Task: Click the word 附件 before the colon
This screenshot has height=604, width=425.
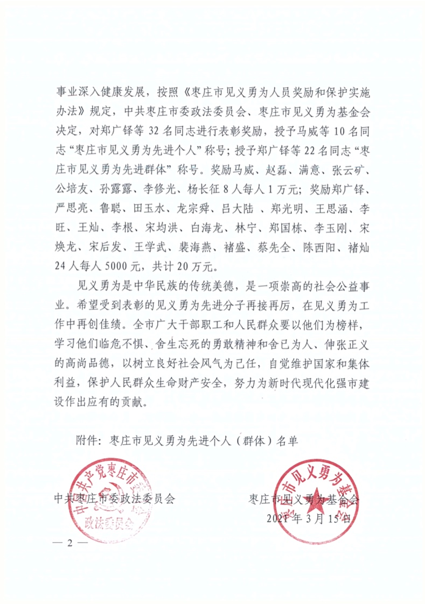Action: tap(85, 440)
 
